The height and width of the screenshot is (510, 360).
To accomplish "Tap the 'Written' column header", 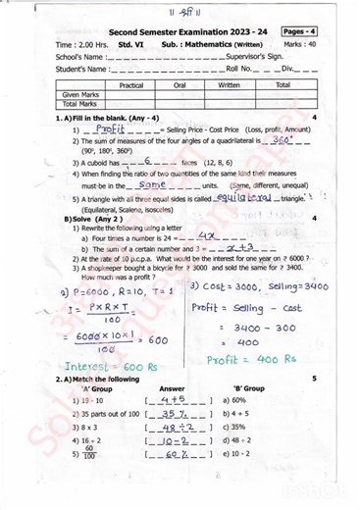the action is pos(229,85).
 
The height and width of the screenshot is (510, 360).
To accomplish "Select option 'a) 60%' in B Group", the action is pos(234,400).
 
